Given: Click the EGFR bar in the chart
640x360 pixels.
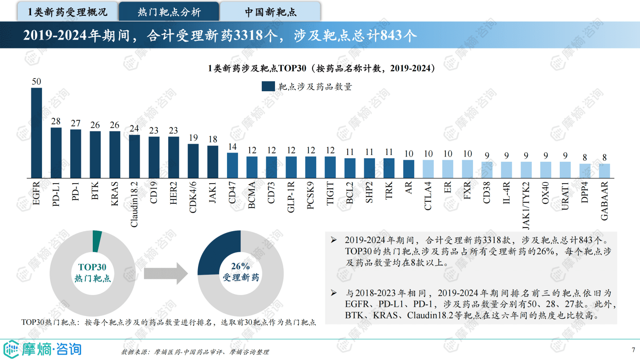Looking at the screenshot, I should click(36, 133).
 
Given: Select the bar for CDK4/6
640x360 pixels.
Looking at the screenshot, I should click(193, 161).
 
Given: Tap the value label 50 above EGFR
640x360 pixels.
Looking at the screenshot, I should click(36, 82).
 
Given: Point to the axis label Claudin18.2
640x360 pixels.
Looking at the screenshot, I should click(134, 204).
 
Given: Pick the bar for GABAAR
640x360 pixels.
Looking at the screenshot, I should click(604, 171).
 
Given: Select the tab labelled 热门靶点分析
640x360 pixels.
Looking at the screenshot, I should click(169, 12).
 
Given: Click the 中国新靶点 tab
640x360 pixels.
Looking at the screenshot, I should click(270, 12).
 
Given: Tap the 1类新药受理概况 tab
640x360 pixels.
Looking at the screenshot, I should click(67, 12).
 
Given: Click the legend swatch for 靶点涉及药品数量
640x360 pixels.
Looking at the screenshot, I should click(268, 86).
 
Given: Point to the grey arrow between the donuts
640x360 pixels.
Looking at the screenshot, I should click(165, 274).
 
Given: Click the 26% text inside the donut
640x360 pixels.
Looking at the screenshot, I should click(240, 266).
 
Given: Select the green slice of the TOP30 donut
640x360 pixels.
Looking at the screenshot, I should click(97, 241).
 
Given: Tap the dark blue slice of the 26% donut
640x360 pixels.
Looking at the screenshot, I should click(218, 252).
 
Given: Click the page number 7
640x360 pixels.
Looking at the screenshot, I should click(633, 350).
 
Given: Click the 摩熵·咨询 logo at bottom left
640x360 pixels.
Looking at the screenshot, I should click(43, 349).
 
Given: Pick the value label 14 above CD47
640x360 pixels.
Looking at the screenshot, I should click(232, 147).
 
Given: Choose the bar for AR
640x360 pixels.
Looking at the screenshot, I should click(409, 169).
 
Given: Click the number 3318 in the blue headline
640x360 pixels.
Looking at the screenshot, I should click(248, 36).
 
